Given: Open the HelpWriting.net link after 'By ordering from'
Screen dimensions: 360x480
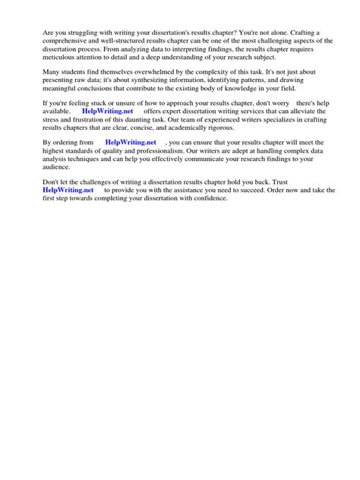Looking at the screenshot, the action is (131, 142).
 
